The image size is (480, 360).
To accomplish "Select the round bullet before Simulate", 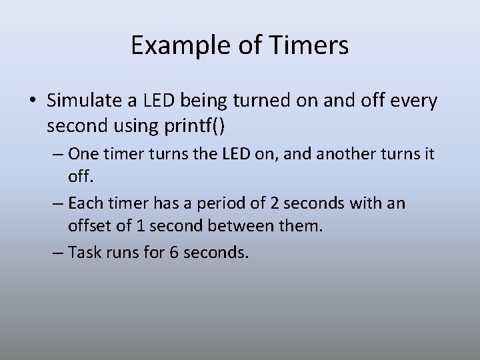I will [32, 102].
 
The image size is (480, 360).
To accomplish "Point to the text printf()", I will [195, 125].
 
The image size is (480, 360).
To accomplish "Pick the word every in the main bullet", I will [413, 101].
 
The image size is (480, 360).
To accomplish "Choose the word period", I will [219, 203].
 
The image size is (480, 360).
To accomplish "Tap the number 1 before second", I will [141, 226].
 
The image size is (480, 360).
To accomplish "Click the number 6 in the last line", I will [174, 253].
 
